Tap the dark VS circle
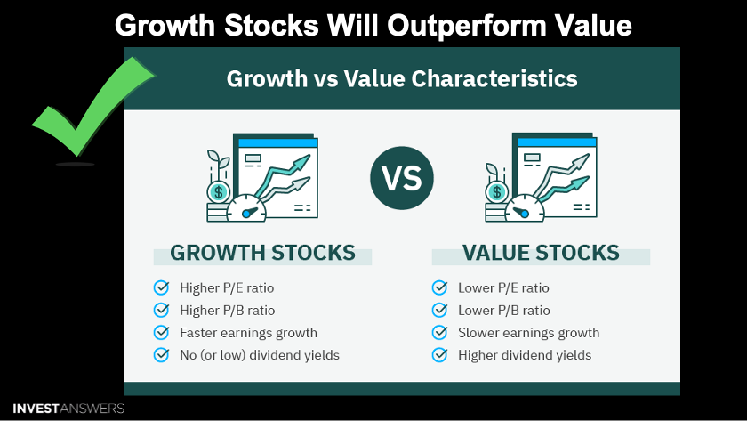(x=402, y=178)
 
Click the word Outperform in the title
(x=466, y=25)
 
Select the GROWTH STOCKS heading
(x=262, y=253)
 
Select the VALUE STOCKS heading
(x=541, y=253)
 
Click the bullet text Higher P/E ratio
(x=227, y=288)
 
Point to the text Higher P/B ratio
(x=228, y=311)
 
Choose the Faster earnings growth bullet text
(x=248, y=333)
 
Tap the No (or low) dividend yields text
(x=260, y=355)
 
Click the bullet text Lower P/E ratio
(x=503, y=288)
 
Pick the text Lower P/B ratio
(x=504, y=311)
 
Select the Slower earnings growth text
(x=529, y=333)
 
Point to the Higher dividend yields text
(x=525, y=355)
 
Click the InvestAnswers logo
(x=68, y=409)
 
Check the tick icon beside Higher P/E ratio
(x=162, y=287)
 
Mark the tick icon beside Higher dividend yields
(x=439, y=355)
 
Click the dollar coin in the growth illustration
(x=219, y=192)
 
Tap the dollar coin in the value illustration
(x=497, y=192)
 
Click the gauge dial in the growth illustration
(x=246, y=209)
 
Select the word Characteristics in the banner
(x=494, y=78)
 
